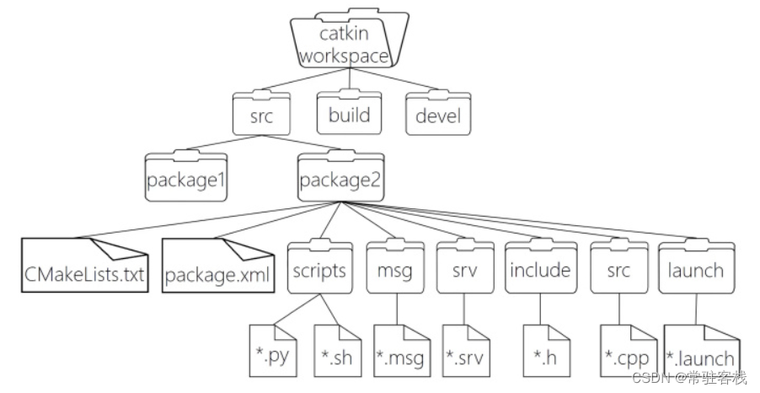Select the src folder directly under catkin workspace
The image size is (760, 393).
(261, 116)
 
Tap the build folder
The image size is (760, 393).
(348, 114)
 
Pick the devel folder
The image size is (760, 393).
(437, 116)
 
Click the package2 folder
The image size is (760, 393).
(340, 179)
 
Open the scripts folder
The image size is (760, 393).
(319, 270)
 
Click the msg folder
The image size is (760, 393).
(395, 270)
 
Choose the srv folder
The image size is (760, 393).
(464, 270)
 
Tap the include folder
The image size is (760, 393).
(539, 270)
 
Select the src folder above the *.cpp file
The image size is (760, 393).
(618, 270)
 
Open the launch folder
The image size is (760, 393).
(695, 270)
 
